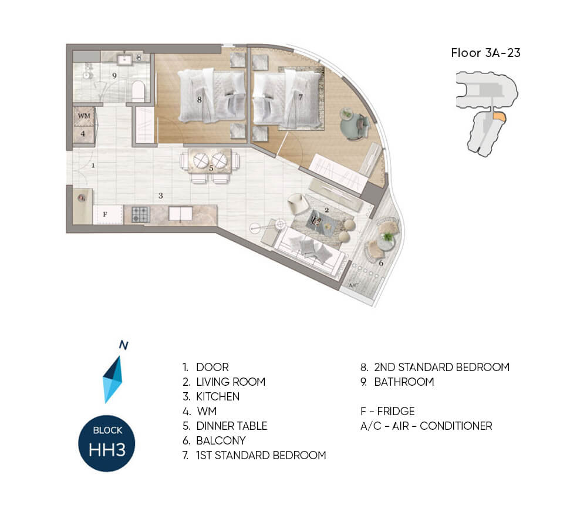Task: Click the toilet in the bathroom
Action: (138, 91)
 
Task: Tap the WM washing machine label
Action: (84, 116)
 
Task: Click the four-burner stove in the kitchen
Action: (141, 215)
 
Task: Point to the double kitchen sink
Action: (180, 214)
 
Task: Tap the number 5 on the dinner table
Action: (211, 169)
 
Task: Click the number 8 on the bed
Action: (199, 100)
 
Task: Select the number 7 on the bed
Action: (300, 97)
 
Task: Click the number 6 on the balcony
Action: (381, 263)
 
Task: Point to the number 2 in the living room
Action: (326, 210)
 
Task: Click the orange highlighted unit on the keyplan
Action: (498, 116)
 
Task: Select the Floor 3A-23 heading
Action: (485, 53)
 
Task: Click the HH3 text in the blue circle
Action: (107, 449)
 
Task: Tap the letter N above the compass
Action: (123, 345)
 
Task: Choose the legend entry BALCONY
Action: (221, 440)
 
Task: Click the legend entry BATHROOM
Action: (404, 382)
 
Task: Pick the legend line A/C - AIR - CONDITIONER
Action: (426, 426)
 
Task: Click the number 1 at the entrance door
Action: (93, 165)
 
